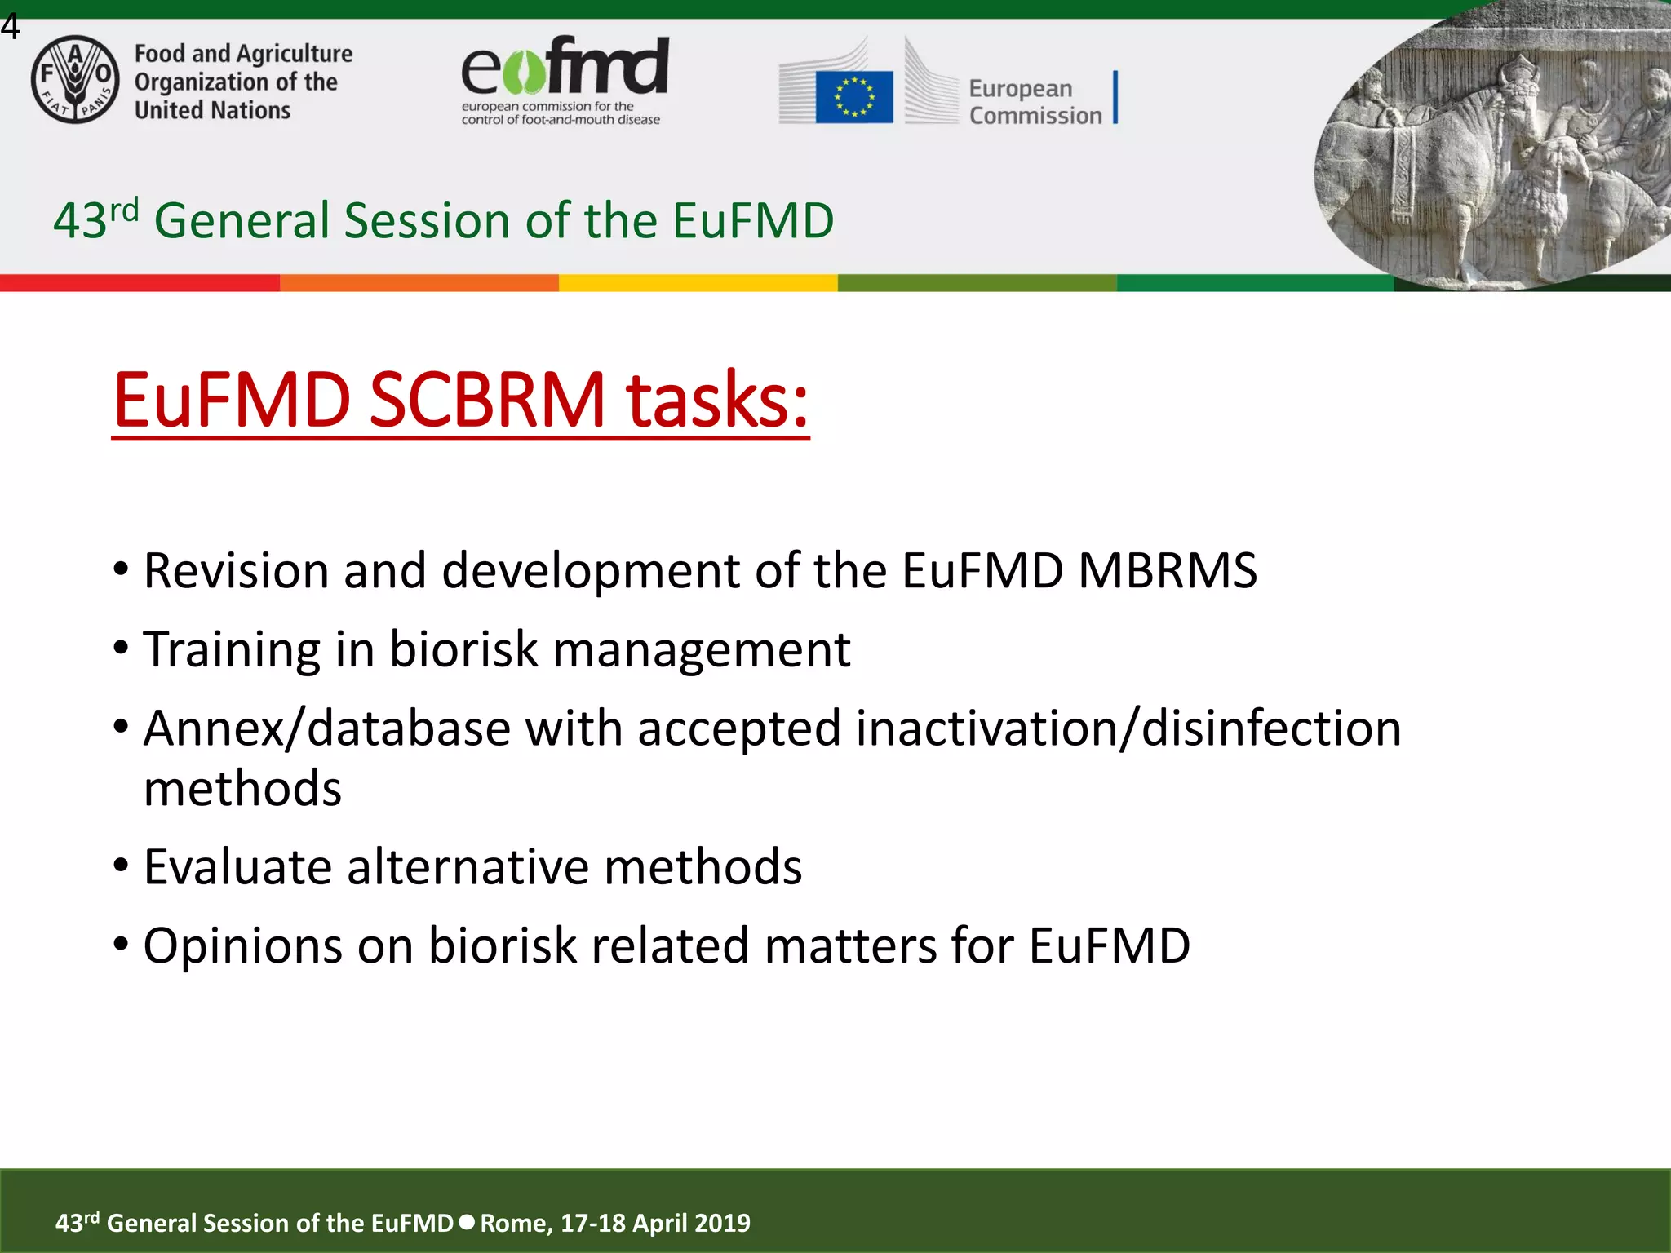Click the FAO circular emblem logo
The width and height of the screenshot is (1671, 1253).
(75, 80)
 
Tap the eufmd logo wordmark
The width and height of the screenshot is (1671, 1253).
(565, 67)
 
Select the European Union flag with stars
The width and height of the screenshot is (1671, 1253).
(853, 96)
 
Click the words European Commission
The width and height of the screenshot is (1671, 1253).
(1035, 102)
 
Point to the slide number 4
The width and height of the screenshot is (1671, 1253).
(10, 27)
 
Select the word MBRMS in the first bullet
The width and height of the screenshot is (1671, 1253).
(1168, 570)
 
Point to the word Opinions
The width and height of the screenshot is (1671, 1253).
(242, 945)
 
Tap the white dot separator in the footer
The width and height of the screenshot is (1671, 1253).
(467, 1222)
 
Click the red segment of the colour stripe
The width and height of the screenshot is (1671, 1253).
(140, 283)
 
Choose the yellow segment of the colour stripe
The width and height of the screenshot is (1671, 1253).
(698, 283)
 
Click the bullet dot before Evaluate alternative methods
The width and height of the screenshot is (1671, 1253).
(121, 865)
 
